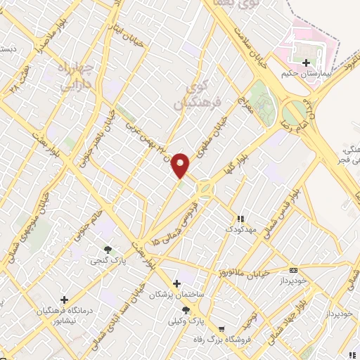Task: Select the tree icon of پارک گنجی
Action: (108, 250)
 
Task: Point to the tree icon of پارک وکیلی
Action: (185, 309)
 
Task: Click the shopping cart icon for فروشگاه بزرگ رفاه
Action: (221, 329)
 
